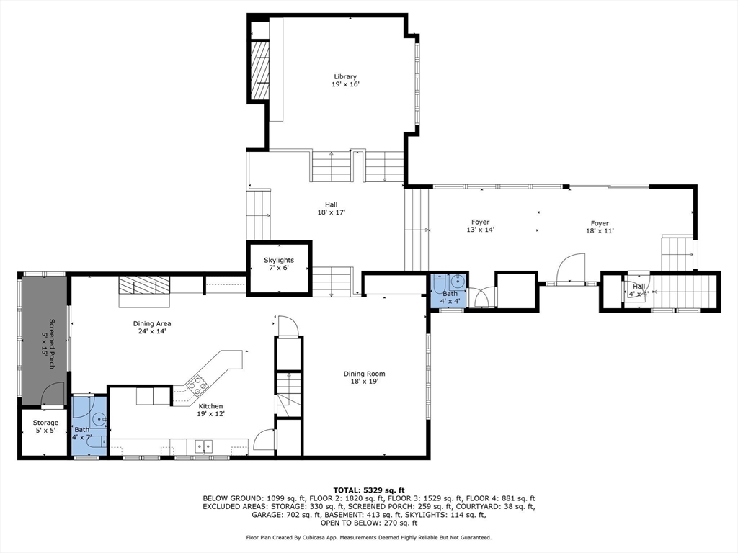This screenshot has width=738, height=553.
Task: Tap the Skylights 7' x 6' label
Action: coord(279,264)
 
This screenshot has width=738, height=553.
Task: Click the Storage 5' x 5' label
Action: coord(45,426)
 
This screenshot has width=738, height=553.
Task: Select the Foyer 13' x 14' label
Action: coord(480,225)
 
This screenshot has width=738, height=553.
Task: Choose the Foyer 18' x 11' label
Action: coord(600,227)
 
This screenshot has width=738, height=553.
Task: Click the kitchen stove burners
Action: coord(197,385)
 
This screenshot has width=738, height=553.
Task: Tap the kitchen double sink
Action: coord(203,445)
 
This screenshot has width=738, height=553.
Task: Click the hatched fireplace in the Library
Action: coord(259,71)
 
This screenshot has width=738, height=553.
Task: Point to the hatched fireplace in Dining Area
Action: coord(143,285)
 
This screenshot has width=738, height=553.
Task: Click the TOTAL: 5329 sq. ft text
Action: coord(369,490)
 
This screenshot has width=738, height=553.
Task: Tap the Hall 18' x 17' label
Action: coord(332,208)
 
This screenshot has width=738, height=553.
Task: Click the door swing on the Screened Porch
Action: coord(53,394)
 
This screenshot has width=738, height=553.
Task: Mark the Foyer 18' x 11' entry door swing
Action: coord(571,269)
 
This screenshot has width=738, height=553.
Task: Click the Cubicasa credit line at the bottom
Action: coord(368,537)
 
